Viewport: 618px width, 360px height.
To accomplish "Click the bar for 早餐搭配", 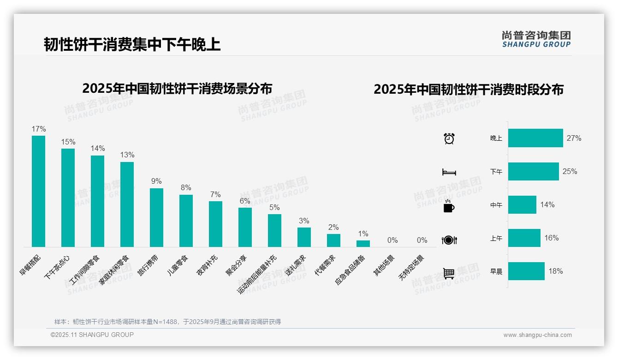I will pyautogui.click(x=38, y=191).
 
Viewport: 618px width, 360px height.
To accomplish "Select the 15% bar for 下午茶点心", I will pyautogui.click(x=68, y=198).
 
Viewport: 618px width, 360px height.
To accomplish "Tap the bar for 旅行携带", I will pyautogui.click(x=156, y=217).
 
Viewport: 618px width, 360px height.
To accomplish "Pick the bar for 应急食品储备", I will pyautogui.click(x=363, y=244).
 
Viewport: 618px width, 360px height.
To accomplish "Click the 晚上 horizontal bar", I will pyautogui.click(x=535, y=138).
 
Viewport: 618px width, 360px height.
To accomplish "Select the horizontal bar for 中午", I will pyautogui.click(x=522, y=204).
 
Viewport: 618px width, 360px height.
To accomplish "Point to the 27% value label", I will pyautogui.click(x=574, y=138).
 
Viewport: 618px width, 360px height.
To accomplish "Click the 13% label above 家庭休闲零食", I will pyautogui.click(x=127, y=155).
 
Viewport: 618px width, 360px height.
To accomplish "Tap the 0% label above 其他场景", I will pyautogui.click(x=392, y=240).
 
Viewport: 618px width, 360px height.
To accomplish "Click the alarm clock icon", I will pyautogui.click(x=449, y=138).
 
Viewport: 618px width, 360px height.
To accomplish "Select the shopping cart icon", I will pyautogui.click(x=449, y=273).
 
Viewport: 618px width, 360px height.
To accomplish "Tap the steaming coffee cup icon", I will pyautogui.click(x=448, y=206).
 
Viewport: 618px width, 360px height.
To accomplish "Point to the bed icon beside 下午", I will pyautogui.click(x=449, y=172).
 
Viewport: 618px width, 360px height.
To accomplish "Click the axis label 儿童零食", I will pyautogui.click(x=178, y=265).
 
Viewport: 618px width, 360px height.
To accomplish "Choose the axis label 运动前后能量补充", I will pyautogui.click(x=257, y=274).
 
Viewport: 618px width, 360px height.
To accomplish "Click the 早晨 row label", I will pyautogui.click(x=496, y=271).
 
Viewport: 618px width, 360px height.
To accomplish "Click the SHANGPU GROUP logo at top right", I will pyautogui.click(x=536, y=39).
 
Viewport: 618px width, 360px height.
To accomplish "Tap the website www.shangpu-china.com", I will pyautogui.click(x=537, y=335).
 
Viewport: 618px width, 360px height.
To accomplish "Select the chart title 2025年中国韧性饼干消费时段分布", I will pyautogui.click(x=468, y=90).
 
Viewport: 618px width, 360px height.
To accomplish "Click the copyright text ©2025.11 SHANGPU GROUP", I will pyautogui.click(x=92, y=335).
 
